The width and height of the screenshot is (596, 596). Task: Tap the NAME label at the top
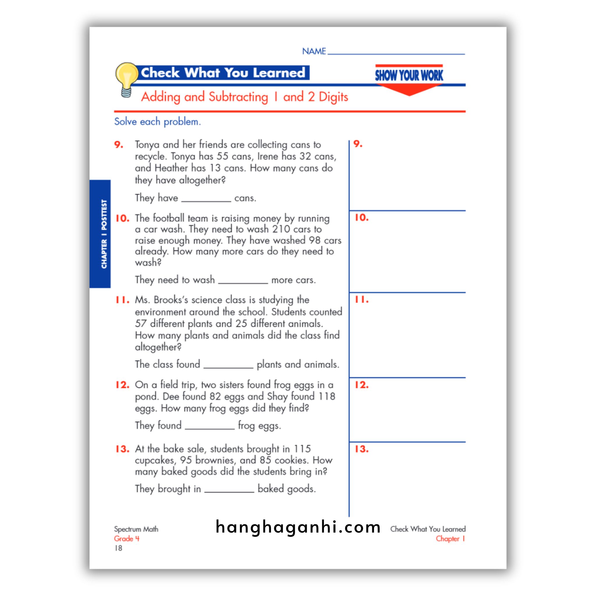coord(314,51)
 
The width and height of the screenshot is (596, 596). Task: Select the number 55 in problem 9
coord(222,156)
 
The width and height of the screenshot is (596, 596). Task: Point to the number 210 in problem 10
coord(281,229)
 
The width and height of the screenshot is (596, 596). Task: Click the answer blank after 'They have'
coord(206,198)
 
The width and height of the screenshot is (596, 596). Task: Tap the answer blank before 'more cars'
coord(243,280)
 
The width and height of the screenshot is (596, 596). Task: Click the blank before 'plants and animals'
coord(228,365)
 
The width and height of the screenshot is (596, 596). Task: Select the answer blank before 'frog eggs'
coord(210,426)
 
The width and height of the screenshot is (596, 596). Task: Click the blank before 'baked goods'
coord(229,489)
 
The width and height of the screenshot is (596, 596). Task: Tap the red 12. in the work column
coord(361,385)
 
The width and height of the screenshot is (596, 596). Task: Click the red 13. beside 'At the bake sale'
coord(122,449)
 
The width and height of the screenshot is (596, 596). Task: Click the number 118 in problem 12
coord(327,396)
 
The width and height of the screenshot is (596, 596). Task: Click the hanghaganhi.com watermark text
coord(298,527)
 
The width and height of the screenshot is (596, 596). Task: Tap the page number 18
coord(118,548)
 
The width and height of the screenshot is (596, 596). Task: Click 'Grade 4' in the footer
coord(127,539)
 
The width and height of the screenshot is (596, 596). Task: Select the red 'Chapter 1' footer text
coord(450,539)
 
